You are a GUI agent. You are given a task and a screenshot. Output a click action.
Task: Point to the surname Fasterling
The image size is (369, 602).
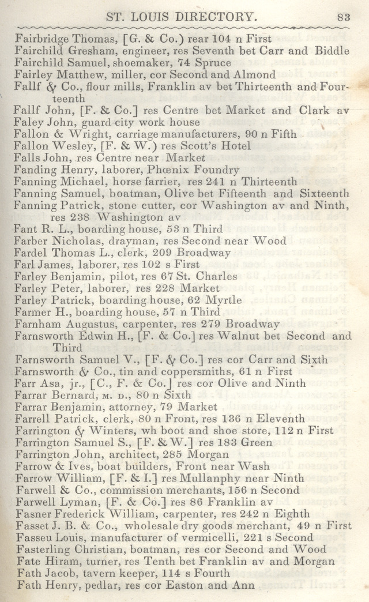click(44, 550)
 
